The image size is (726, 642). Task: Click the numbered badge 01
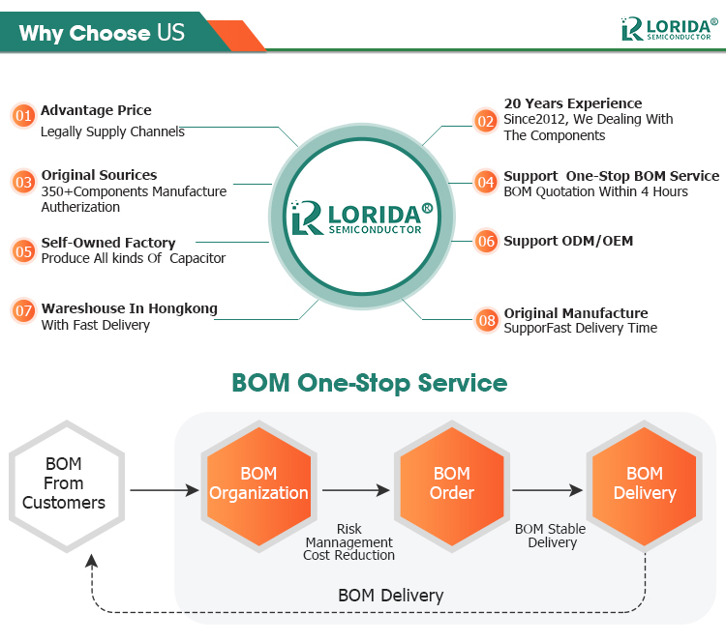(x=24, y=116)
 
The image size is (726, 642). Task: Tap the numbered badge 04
(x=486, y=182)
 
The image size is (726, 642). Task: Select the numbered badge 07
(x=24, y=312)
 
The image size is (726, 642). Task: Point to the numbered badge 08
(x=486, y=319)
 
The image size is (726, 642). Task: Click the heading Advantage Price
(x=96, y=110)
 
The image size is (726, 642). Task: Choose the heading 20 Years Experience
(x=572, y=103)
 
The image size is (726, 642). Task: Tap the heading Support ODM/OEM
(x=568, y=241)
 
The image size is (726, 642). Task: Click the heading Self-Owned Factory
(x=108, y=243)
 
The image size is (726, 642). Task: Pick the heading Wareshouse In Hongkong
(x=129, y=308)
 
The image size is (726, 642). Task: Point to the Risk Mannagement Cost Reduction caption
(x=348, y=542)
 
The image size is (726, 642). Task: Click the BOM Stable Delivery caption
(x=550, y=536)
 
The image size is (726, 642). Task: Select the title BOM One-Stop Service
(x=369, y=383)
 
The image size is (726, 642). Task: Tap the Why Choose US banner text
(x=101, y=33)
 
